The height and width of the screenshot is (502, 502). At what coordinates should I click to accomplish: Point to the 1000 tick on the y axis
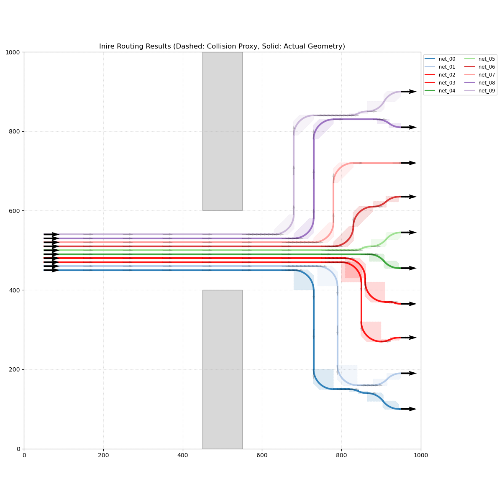(13, 52)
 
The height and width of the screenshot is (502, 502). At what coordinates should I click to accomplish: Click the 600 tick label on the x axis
(262, 455)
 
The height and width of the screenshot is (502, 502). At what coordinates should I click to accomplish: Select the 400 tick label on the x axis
(183, 455)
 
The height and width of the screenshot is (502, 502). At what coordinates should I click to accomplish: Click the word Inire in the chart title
(108, 46)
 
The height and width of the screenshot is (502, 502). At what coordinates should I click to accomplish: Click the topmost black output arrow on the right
(409, 92)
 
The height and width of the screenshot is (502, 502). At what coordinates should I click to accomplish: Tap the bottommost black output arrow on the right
(409, 409)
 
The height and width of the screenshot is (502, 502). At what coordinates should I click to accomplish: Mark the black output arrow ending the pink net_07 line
(409, 163)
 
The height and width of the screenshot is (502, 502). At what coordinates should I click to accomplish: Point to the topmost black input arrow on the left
(51, 234)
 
